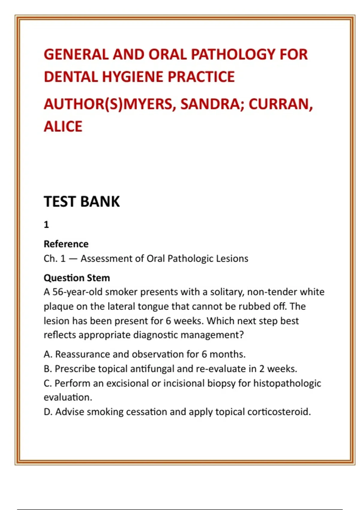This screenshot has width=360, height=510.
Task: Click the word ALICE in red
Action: (x=63, y=126)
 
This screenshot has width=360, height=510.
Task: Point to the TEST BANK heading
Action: (x=82, y=201)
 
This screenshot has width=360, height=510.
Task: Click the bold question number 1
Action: (x=46, y=224)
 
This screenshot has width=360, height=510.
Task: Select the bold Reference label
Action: (x=66, y=244)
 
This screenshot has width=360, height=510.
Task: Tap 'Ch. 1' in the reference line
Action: (x=55, y=259)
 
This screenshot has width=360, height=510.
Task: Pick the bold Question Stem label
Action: (x=77, y=278)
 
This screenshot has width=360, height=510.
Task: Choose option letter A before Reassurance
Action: (x=47, y=354)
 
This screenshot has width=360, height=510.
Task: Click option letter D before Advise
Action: (x=47, y=412)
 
